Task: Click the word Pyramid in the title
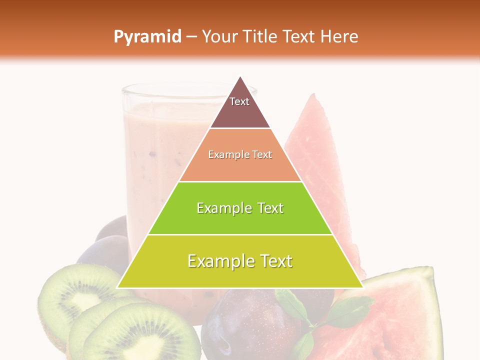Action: click(147, 36)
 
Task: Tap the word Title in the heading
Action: click(263, 36)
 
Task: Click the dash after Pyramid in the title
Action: click(191, 37)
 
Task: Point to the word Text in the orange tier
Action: click(262, 154)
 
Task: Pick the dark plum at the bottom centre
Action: click(245, 325)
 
